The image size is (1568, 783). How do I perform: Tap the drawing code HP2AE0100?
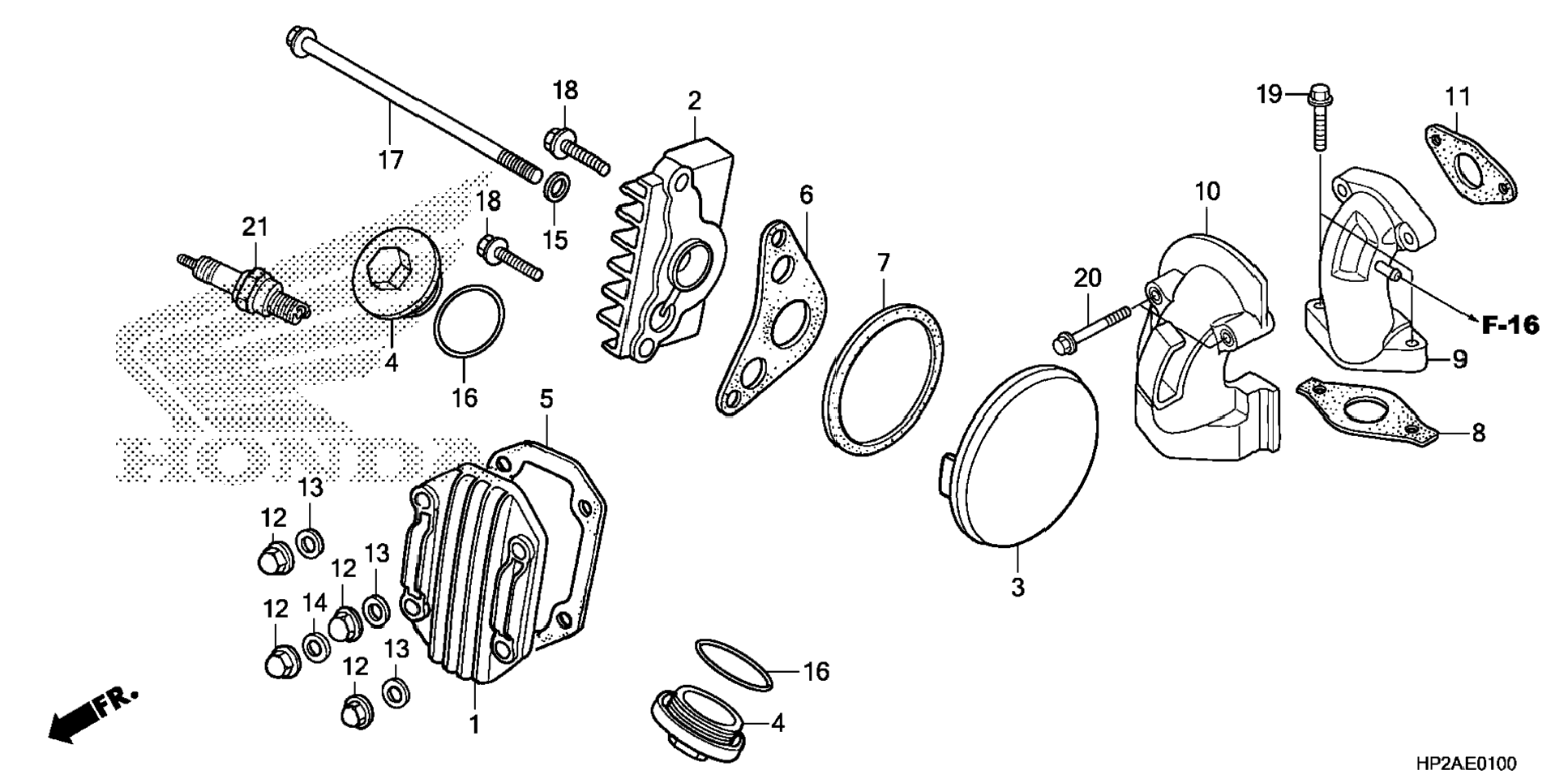(x=1465, y=764)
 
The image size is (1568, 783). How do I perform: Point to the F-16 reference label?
(x=1510, y=326)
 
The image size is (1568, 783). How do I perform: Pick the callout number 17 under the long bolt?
(x=391, y=160)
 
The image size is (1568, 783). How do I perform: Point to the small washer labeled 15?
(x=555, y=189)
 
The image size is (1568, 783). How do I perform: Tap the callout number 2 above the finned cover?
(x=694, y=101)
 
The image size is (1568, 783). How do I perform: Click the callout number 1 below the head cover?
(x=475, y=724)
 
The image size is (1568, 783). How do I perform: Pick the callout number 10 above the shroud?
(x=1206, y=192)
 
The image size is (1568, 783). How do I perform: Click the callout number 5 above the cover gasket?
(x=546, y=399)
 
